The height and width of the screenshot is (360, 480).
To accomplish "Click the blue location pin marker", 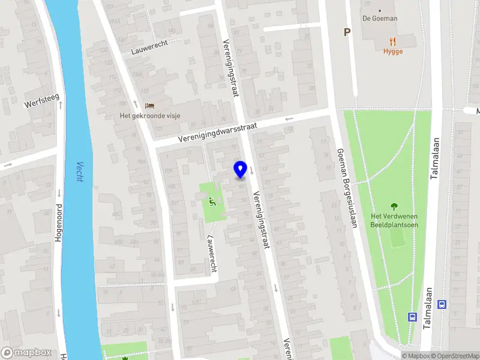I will [241, 169].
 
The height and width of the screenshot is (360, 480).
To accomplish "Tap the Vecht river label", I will [80, 173].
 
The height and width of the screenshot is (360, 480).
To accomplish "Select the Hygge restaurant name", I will [393, 52].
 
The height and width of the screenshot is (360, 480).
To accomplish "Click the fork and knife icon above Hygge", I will [393, 41].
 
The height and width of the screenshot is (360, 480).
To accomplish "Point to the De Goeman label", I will [379, 18].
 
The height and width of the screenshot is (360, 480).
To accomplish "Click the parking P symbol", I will [346, 32].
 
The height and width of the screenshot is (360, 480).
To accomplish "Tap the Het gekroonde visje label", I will [149, 116].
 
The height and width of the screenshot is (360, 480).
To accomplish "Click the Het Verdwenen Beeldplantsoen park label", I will [394, 220].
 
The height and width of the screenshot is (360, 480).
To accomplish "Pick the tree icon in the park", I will [394, 206].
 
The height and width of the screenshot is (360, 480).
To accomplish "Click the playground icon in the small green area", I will [211, 201].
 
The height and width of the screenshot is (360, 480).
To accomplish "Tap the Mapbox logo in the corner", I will [26, 353].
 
